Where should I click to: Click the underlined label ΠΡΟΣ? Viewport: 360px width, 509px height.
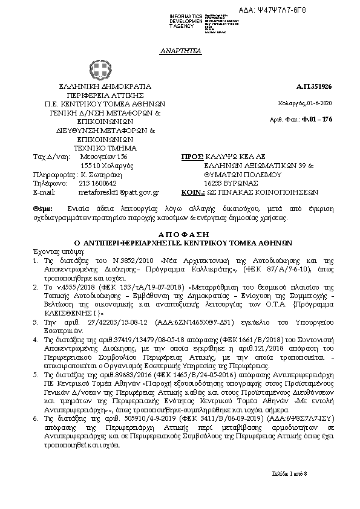(192, 157)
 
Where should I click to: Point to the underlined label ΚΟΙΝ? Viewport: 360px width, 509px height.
(192, 192)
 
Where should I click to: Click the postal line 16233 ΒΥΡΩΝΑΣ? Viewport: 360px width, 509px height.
(215, 183)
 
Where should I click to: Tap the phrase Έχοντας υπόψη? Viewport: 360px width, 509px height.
(51, 249)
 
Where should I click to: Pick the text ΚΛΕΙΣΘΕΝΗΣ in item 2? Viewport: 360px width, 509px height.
(60, 314)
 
